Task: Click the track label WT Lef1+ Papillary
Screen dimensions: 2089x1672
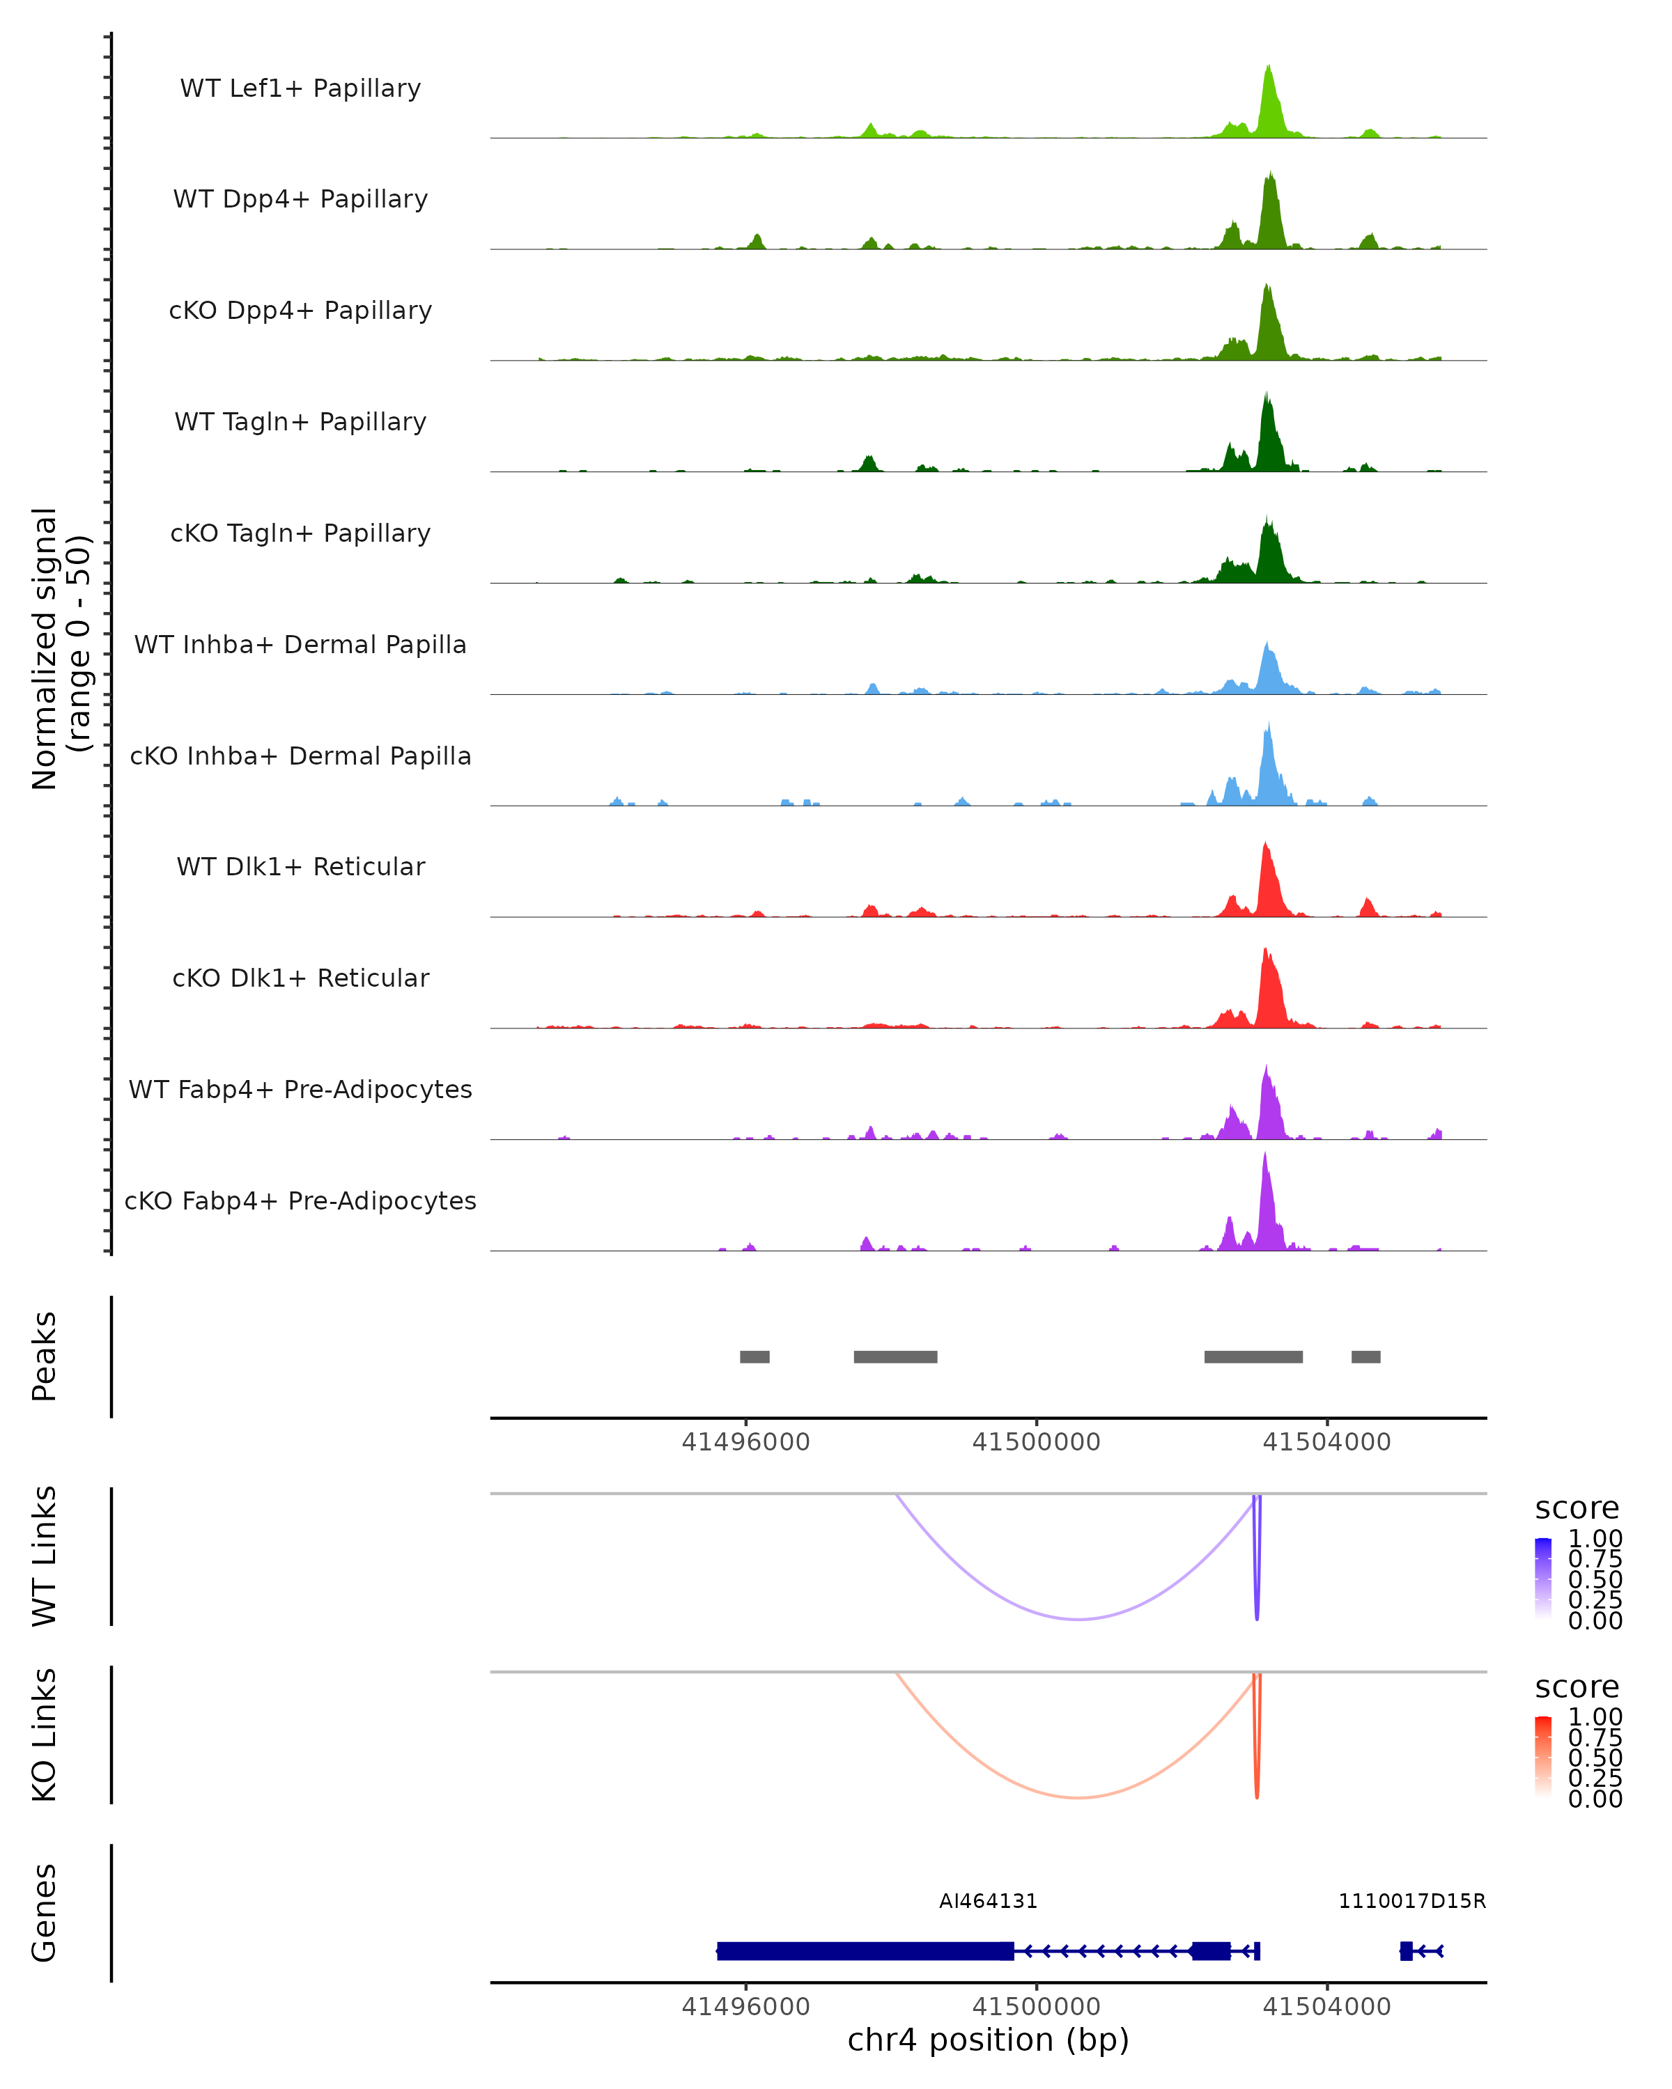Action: [x=300, y=88]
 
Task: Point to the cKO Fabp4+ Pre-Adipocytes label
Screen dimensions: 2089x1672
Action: [x=300, y=1200]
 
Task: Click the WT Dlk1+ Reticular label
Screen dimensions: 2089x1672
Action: [x=300, y=866]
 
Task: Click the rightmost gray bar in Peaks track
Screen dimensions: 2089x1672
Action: [x=1365, y=1356]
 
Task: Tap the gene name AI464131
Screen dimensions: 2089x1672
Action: [x=988, y=1901]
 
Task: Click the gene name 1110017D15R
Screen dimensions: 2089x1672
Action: [x=1411, y=1901]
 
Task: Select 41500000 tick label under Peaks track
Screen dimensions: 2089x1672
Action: [x=1036, y=1442]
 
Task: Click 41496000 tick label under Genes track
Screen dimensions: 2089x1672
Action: [x=745, y=2005]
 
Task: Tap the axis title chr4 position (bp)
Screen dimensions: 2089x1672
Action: [x=988, y=2040]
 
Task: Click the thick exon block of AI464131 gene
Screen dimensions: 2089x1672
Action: [x=865, y=1950]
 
